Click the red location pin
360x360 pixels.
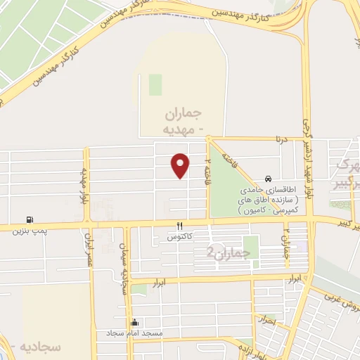tap(181, 165)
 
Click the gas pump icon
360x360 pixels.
tap(30, 219)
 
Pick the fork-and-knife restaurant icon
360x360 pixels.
tap(180, 226)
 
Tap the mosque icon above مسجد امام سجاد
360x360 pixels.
tap(135, 321)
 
